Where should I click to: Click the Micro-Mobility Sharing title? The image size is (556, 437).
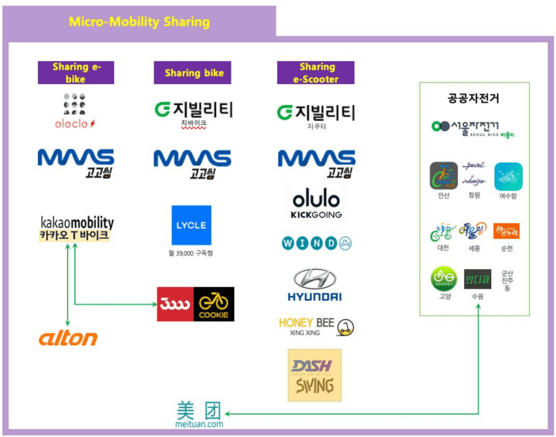pos(139,22)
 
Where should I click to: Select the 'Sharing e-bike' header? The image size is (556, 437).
pos(76,73)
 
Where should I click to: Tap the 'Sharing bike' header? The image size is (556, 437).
pos(194,73)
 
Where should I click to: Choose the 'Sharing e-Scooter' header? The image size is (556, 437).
pos(316,73)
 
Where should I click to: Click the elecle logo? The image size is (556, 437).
pos(75,112)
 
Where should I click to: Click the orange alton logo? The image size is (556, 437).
pos(68,338)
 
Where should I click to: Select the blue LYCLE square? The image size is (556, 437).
pos(191,225)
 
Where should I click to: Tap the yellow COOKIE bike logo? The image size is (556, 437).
pos(214,304)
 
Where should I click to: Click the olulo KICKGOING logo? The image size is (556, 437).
pos(316,204)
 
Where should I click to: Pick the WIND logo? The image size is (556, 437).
pos(316,243)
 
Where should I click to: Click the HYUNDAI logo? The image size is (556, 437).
pos(314,284)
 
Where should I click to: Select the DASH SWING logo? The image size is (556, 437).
pos(314,375)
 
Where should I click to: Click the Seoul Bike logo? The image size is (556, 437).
pos(473,128)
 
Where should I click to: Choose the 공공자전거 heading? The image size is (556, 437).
pos(473,98)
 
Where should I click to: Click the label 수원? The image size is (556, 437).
pos(477,296)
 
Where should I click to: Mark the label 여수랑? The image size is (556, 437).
pos(508,195)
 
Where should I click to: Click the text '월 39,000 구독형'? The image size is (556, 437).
pos(191,253)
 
